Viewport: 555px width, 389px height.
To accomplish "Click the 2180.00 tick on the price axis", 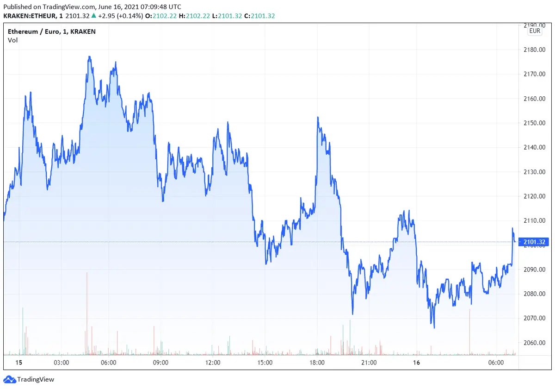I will tap(535, 50).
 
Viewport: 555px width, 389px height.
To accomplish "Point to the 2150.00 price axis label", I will tap(535, 123).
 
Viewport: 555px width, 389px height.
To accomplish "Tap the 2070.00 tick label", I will tap(535, 318).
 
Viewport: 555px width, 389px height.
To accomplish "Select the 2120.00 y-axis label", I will tap(535, 196).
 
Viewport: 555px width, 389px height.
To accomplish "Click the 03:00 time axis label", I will tap(62, 363).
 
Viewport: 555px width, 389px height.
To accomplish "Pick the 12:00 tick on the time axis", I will tap(213, 363).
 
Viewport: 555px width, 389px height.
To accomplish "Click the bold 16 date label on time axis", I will tap(417, 363).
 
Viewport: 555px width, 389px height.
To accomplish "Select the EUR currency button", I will tap(535, 31).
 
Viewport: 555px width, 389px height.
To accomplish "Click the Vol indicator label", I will tap(12, 40).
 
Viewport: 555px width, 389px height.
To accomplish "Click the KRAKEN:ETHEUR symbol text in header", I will tap(30, 16).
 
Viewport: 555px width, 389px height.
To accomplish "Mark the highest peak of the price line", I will tap(89, 57).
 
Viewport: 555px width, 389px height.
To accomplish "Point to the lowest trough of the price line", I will tap(434, 327).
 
